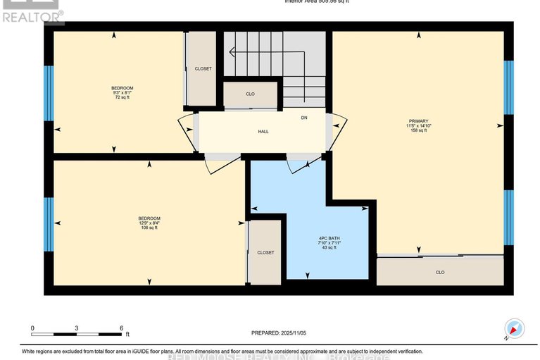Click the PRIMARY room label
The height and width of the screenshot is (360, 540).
coord(418,120)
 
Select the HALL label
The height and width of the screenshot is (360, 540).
coord(263,131)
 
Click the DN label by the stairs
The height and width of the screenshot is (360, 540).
coord(304,118)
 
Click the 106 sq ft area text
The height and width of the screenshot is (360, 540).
coord(149,228)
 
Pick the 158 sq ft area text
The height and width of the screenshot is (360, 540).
coord(419,130)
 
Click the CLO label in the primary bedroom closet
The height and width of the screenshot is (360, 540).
coord(440,272)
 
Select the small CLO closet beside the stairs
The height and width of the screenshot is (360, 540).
coord(251,94)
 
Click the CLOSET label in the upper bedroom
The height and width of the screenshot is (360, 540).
coord(203,69)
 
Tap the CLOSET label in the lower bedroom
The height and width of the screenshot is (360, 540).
coord(265,252)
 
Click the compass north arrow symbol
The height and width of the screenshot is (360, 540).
coord(515,329)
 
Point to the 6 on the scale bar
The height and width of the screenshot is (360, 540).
coord(121,328)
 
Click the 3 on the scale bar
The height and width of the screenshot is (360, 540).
coord(77,328)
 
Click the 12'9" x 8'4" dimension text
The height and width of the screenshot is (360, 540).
coord(149,223)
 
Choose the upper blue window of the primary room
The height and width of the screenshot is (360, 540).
coord(508,87)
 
